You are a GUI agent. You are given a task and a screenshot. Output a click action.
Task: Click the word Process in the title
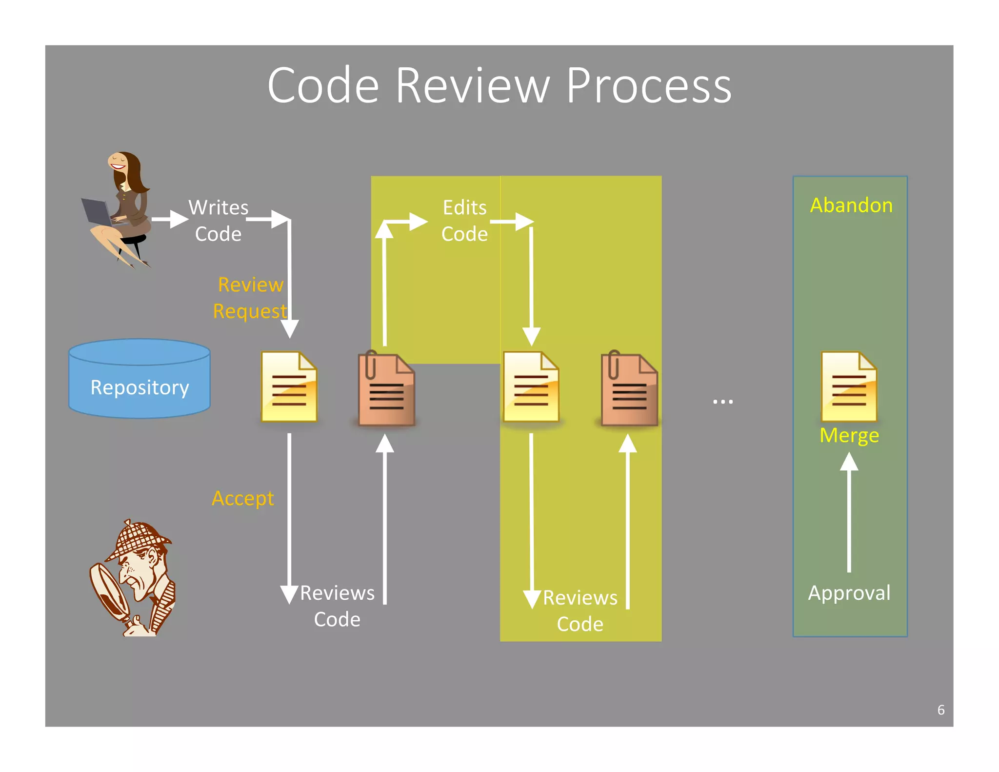coord(648,86)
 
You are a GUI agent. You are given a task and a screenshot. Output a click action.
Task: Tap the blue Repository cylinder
coord(140,379)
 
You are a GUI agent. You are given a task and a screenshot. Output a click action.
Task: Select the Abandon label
coord(851,205)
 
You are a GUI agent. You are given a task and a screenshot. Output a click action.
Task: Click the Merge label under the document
coord(849,435)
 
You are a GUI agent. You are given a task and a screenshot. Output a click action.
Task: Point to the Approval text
coord(849,593)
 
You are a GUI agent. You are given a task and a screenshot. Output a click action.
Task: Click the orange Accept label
coord(242,498)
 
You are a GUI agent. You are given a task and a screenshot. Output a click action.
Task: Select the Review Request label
coord(250,298)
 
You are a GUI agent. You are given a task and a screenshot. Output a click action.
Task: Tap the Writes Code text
coord(219,221)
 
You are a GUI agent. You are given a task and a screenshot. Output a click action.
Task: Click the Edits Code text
coord(464,221)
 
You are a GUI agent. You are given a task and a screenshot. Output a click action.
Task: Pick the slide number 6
coord(940,710)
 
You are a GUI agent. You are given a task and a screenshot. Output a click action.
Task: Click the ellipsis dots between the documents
coord(722,402)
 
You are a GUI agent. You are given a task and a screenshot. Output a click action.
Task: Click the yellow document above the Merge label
coord(849,386)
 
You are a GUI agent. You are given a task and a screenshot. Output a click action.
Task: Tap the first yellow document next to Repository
coord(289,386)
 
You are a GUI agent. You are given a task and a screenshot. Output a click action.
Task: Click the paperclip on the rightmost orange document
coord(614,364)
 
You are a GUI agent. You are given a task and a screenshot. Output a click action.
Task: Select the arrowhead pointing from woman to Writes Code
coord(179,219)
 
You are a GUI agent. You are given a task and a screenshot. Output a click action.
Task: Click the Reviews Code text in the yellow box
coord(580,611)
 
